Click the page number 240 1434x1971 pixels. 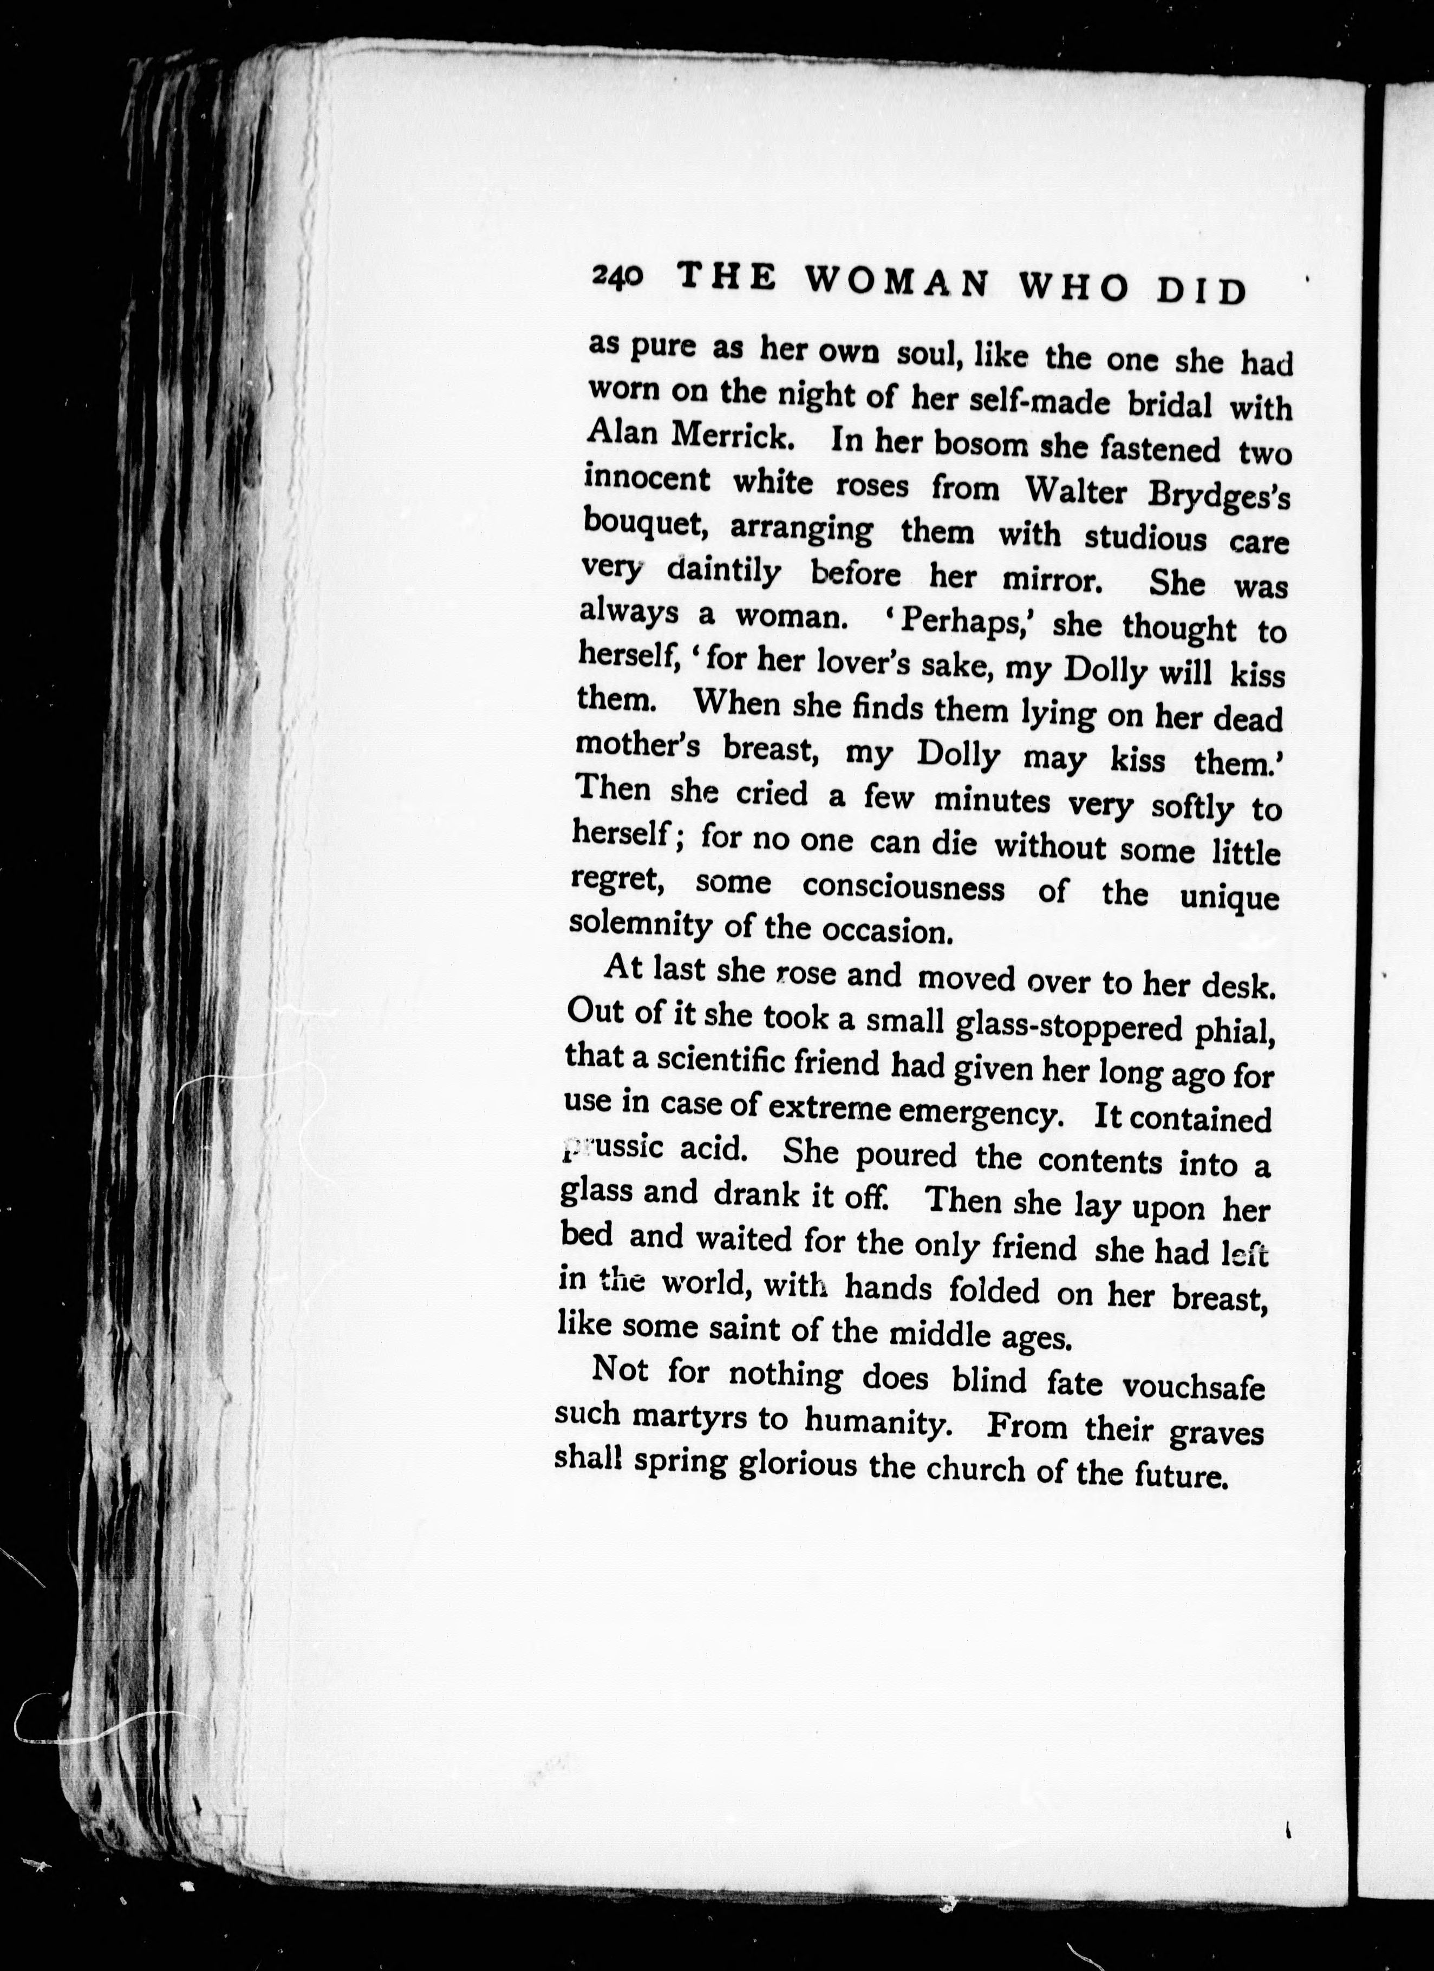click(x=618, y=276)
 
